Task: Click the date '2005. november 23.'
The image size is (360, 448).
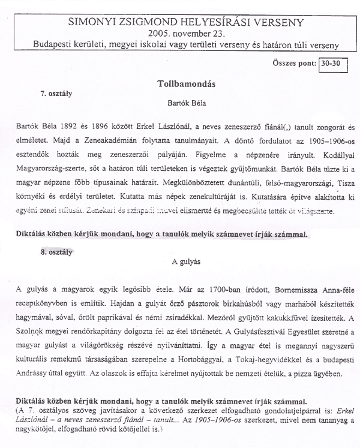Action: coord(179,34)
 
